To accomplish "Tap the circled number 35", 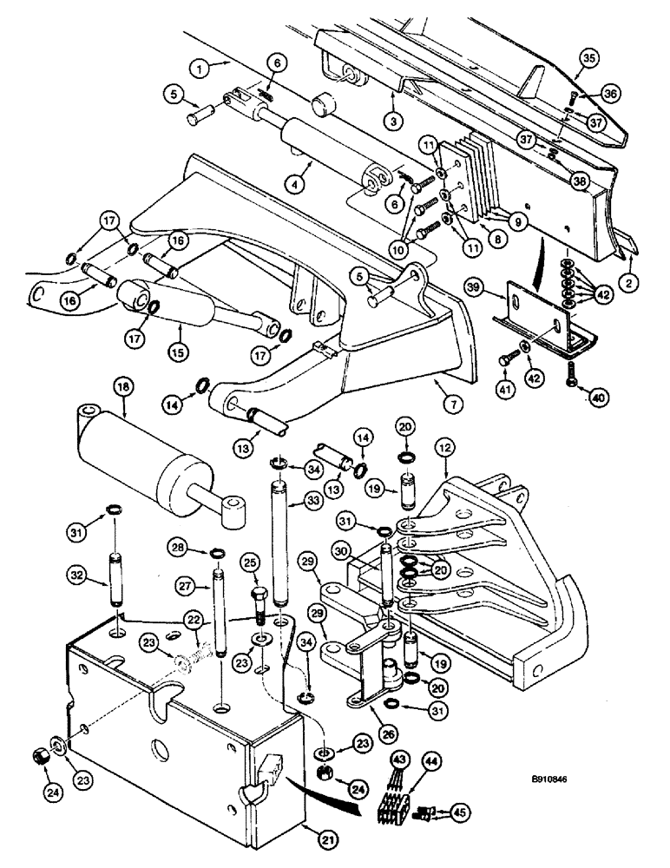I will [x=589, y=59].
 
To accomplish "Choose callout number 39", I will [x=496, y=286].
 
